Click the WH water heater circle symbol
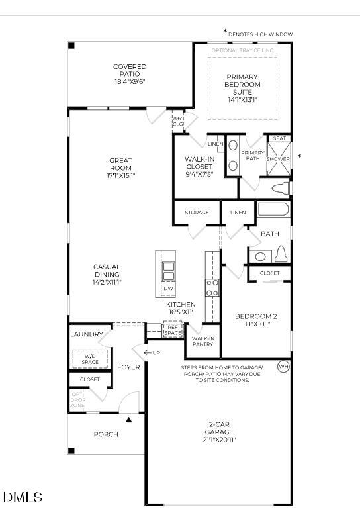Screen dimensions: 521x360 tap(283, 366)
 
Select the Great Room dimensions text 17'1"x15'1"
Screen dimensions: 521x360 tap(120, 176)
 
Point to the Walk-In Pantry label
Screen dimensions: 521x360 tap(202, 341)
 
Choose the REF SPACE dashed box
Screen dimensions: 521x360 tap(173, 330)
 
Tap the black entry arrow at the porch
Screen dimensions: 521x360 tap(130, 418)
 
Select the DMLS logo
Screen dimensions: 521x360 tap(23, 497)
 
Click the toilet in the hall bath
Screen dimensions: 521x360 tap(280, 254)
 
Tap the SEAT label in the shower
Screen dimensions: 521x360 tap(279, 138)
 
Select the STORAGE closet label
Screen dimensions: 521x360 tap(197, 213)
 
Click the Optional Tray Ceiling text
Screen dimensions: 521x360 tap(242, 50)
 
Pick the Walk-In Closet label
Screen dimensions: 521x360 tap(199, 163)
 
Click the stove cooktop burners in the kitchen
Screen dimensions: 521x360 tap(212, 287)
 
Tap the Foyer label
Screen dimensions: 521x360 tap(128, 367)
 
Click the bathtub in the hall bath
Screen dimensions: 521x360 tap(273, 211)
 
